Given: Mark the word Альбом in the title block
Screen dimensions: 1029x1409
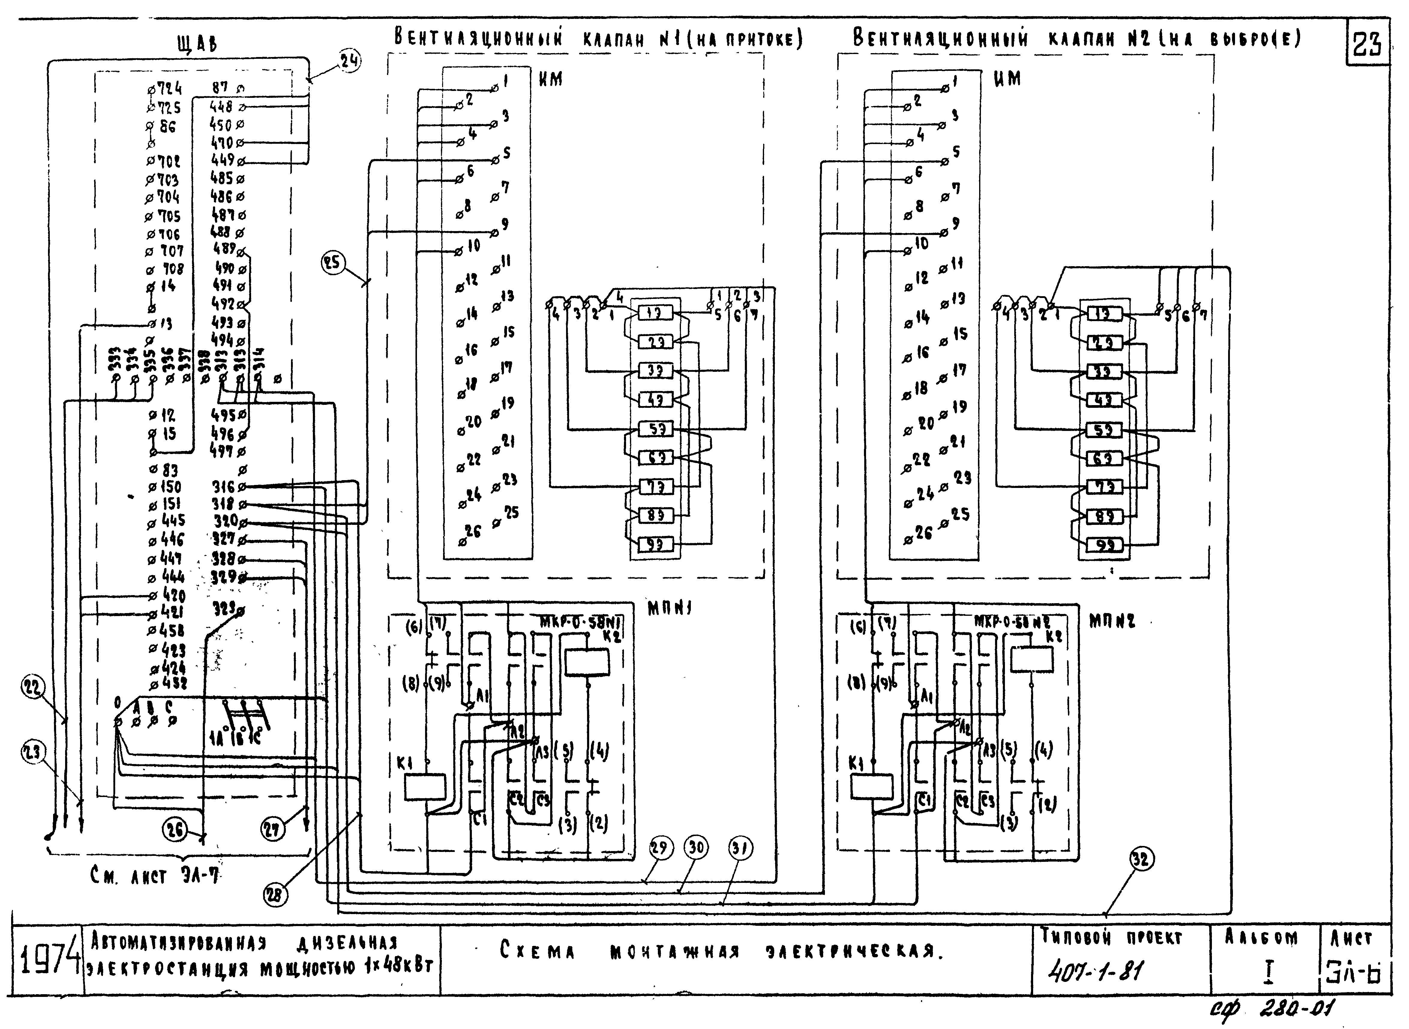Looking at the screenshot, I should point(1261,937).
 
